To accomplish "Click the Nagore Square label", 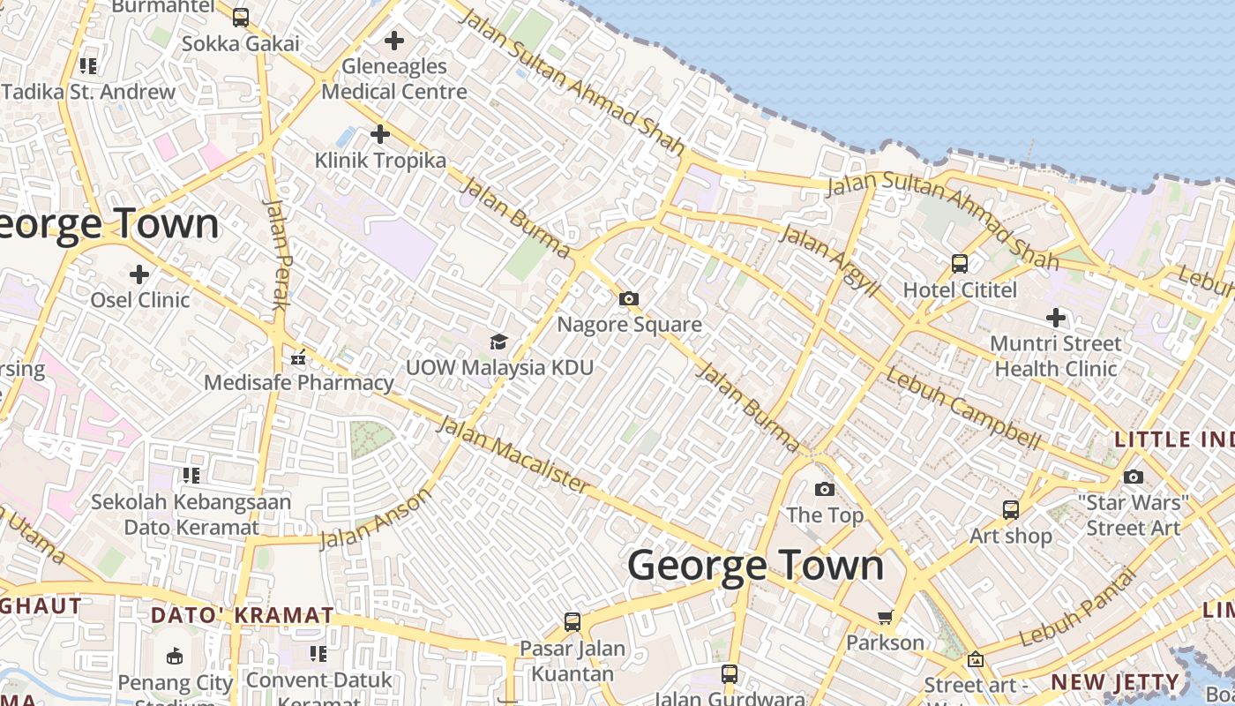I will click(629, 325).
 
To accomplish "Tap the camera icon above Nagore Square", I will click(629, 299).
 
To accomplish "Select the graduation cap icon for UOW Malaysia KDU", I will click(499, 342).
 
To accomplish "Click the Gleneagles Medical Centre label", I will click(394, 79).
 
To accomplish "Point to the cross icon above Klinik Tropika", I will click(380, 134).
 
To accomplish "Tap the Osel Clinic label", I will click(140, 300).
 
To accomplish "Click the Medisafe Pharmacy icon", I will click(298, 357).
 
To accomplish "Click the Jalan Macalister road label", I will click(513, 455).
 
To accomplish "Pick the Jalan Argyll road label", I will click(830, 259).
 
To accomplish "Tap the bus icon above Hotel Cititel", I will click(959, 263).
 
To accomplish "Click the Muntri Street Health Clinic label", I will click(1056, 356).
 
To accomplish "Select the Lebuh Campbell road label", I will click(963, 408).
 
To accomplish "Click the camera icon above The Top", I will click(824, 489).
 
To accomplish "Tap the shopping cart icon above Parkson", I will click(885, 617).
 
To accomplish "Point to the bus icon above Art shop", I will click(1011, 509).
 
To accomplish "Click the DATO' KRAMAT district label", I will click(243, 615).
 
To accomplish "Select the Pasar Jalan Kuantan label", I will click(572, 661).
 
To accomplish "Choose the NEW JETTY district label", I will click(1115, 682).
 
